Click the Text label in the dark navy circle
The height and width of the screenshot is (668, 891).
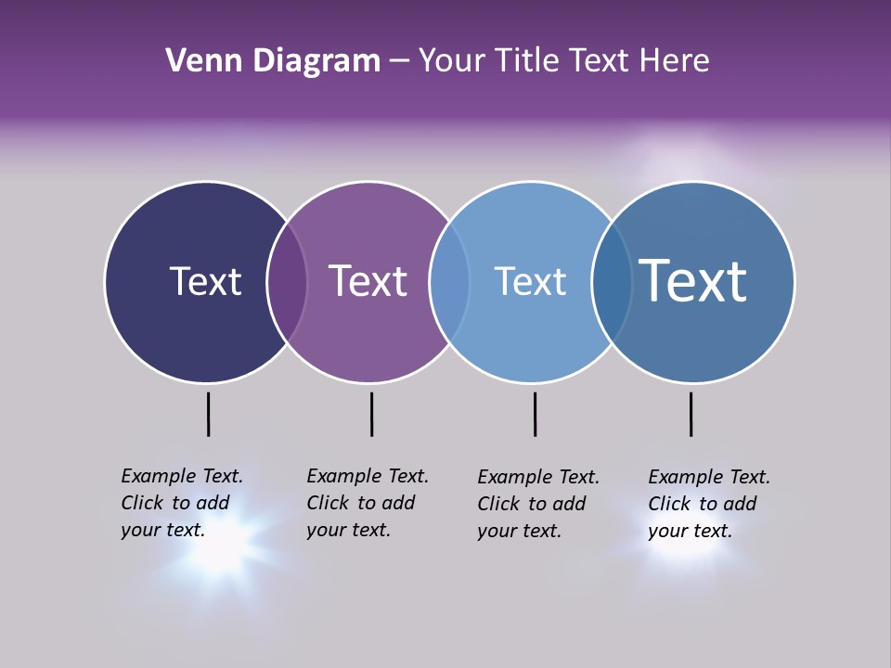[x=205, y=281]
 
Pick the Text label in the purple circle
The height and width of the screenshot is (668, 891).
[x=368, y=281]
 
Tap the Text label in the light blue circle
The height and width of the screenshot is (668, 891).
[x=530, y=281]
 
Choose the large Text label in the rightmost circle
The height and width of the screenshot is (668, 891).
[x=692, y=280]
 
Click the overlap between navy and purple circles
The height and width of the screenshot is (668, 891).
[x=287, y=281]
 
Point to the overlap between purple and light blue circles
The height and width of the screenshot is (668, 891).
[x=449, y=281]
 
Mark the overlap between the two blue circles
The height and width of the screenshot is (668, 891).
[x=612, y=281]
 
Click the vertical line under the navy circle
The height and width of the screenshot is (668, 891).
[x=208, y=414]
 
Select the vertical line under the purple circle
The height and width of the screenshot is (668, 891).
[x=371, y=414]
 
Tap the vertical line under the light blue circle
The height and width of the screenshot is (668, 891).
[x=535, y=414]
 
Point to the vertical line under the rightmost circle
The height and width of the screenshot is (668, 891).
[x=691, y=414]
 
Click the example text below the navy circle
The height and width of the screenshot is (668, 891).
[x=181, y=503]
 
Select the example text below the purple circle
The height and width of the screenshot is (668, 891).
[x=367, y=503]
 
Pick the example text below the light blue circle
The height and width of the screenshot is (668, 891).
[x=537, y=504]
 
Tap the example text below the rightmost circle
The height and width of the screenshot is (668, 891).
[x=708, y=504]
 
